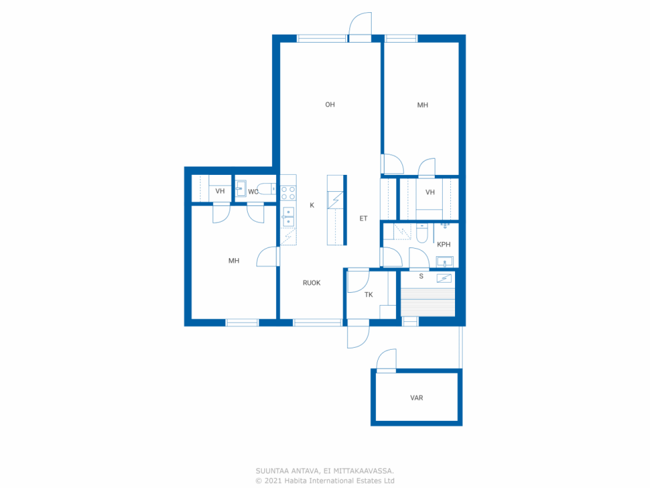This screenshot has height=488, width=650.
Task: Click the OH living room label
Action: (x=330, y=105)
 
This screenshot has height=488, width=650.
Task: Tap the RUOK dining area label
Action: (x=311, y=283)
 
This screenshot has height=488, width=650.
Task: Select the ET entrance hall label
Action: (x=364, y=219)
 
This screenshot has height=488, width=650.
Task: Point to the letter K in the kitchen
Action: (x=312, y=205)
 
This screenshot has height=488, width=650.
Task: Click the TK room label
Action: (x=369, y=295)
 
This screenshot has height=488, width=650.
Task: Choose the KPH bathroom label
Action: (x=444, y=245)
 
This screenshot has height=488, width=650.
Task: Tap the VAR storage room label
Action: (x=416, y=398)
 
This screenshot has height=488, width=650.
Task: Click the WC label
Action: (x=253, y=192)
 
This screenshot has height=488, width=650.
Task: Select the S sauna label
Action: (x=421, y=277)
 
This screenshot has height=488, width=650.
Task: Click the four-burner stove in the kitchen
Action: (x=288, y=193)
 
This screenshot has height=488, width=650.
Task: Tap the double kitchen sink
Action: (x=288, y=217)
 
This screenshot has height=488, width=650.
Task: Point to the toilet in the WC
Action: (x=267, y=189)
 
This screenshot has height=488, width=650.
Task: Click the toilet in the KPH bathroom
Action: (x=422, y=233)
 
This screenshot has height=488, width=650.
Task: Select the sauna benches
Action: (x=428, y=302)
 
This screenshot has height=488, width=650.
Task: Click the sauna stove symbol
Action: (x=444, y=278)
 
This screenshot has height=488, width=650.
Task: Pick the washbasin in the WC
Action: (x=241, y=189)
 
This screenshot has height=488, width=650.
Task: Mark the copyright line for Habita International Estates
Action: (x=325, y=480)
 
